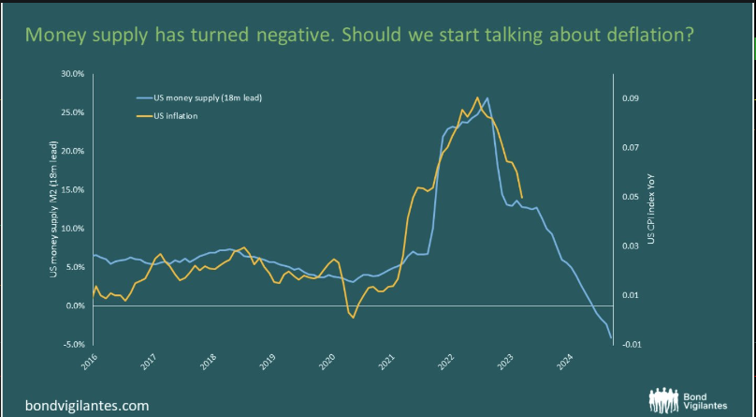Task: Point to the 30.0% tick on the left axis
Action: click(72, 73)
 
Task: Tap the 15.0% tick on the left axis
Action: click(72, 189)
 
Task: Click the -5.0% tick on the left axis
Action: click(72, 345)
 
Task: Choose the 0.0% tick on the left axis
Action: click(74, 306)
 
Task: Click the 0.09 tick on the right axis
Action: click(632, 97)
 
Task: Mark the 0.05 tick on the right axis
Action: click(632, 197)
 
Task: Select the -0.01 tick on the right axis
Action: click(632, 345)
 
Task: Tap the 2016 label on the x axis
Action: click(91, 362)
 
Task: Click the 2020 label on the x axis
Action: click(327, 362)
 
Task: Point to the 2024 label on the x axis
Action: click(564, 362)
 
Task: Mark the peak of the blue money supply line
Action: click(487, 97)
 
